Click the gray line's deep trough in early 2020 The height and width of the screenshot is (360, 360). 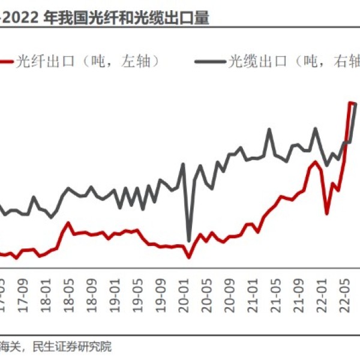point(189,241)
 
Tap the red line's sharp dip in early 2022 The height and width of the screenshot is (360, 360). point(327,213)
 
